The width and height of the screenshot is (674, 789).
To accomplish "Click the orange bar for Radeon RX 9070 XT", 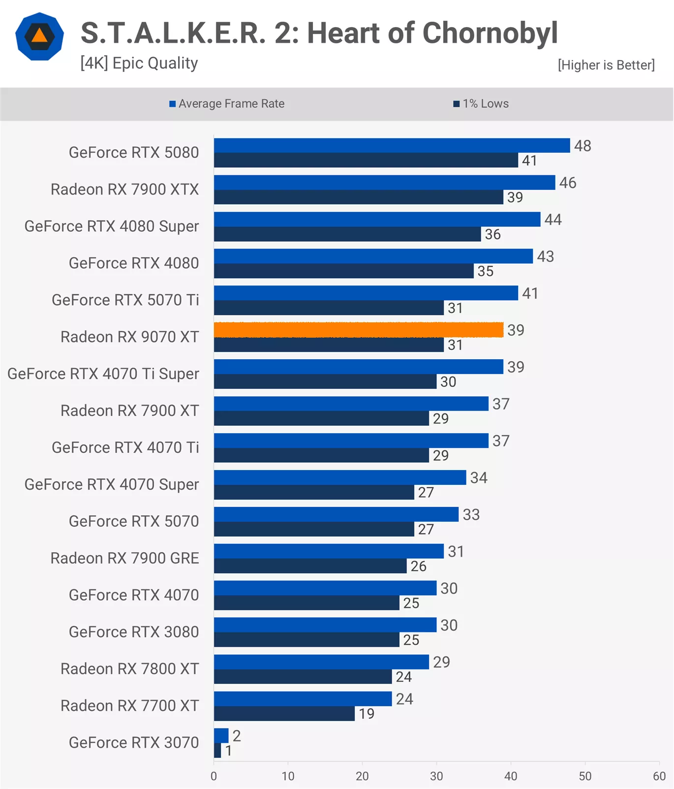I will coord(358,330).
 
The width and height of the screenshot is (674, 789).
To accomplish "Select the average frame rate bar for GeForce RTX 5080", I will coord(392,145).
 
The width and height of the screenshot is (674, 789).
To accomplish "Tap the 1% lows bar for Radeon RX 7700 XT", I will coord(284,714).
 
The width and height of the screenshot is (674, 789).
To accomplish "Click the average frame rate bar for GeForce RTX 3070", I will coord(221,735).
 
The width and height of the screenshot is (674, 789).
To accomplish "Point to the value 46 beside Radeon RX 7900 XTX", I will coord(568,183).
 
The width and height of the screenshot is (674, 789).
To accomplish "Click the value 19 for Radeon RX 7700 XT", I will coord(367,714).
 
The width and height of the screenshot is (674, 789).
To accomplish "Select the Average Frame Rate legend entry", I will coord(227,104).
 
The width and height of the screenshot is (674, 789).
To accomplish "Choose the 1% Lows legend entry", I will coord(481,104).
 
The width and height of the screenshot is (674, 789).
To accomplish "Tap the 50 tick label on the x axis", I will coord(585,776).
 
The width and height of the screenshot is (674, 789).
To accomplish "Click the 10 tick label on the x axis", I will coord(288,776).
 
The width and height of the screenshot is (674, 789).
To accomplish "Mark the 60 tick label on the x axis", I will coord(659,776).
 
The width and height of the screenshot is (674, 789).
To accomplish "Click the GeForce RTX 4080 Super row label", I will coord(112,226).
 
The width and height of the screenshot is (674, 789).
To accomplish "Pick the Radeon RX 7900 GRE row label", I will coord(125,558).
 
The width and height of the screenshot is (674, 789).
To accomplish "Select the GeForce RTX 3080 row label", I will coord(134,632).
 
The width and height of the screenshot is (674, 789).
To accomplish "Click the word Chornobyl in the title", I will coord(490,33).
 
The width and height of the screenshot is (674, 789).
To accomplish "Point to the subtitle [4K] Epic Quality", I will coord(139,63).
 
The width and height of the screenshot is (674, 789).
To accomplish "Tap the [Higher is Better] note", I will coord(606,65).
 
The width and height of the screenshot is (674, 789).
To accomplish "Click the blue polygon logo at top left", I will coord(39,36).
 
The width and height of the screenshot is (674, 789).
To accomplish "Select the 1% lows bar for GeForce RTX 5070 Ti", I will coord(329,308).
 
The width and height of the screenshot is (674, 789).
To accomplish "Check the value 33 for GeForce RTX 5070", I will coord(471,514).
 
